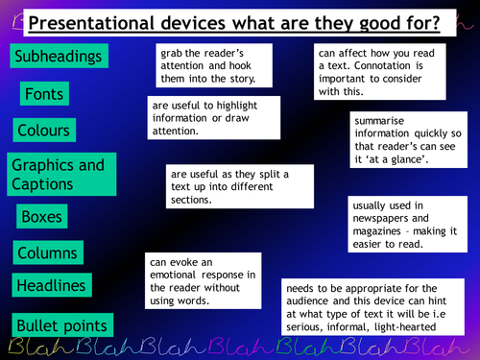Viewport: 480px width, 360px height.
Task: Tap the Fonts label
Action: [45, 93]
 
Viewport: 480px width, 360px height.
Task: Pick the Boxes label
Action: [41, 217]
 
